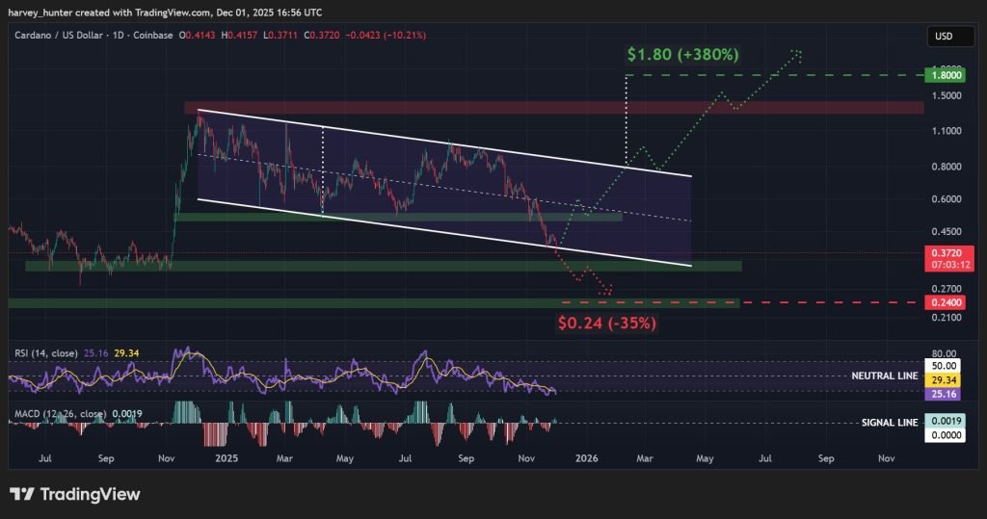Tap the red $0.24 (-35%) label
click(607, 323)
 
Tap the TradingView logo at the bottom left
click(75, 494)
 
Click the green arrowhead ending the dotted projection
click(797, 52)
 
